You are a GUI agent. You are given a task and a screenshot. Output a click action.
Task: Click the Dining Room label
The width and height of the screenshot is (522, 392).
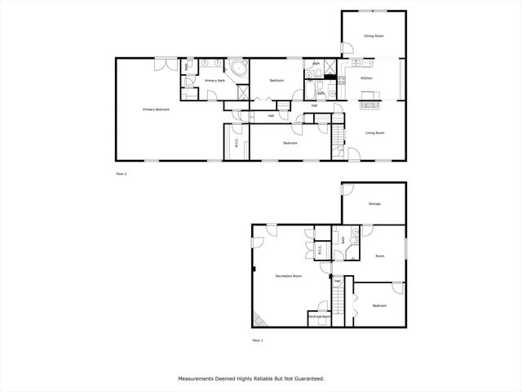pos(374,37)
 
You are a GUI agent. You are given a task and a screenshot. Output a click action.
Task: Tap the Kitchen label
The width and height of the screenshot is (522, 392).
pos(366,78)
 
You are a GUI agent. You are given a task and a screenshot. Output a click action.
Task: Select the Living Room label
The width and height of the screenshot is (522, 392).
pos(374,132)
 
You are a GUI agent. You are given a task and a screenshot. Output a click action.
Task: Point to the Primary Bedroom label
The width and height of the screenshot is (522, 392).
pos(156,109)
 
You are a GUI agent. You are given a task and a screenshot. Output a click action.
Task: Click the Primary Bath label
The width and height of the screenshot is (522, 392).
pos(215,81)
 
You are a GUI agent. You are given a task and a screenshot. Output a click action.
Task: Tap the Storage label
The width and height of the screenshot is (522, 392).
pos(374,203)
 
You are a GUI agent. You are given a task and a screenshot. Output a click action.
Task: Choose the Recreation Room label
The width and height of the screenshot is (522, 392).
pos(290,276)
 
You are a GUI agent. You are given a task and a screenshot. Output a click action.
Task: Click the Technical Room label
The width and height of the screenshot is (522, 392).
pos(319,316)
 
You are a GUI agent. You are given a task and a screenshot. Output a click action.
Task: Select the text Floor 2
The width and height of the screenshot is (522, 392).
pos(122,174)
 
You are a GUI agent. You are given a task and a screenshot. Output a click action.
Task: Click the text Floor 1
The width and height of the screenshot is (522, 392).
pos(258,341)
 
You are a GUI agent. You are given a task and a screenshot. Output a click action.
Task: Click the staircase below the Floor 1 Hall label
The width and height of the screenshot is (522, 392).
pos(336,302)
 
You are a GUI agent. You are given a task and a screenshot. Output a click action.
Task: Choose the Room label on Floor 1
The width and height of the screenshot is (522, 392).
pos(379,256)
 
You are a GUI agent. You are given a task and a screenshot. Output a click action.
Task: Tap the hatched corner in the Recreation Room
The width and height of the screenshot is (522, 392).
pos(259,319)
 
